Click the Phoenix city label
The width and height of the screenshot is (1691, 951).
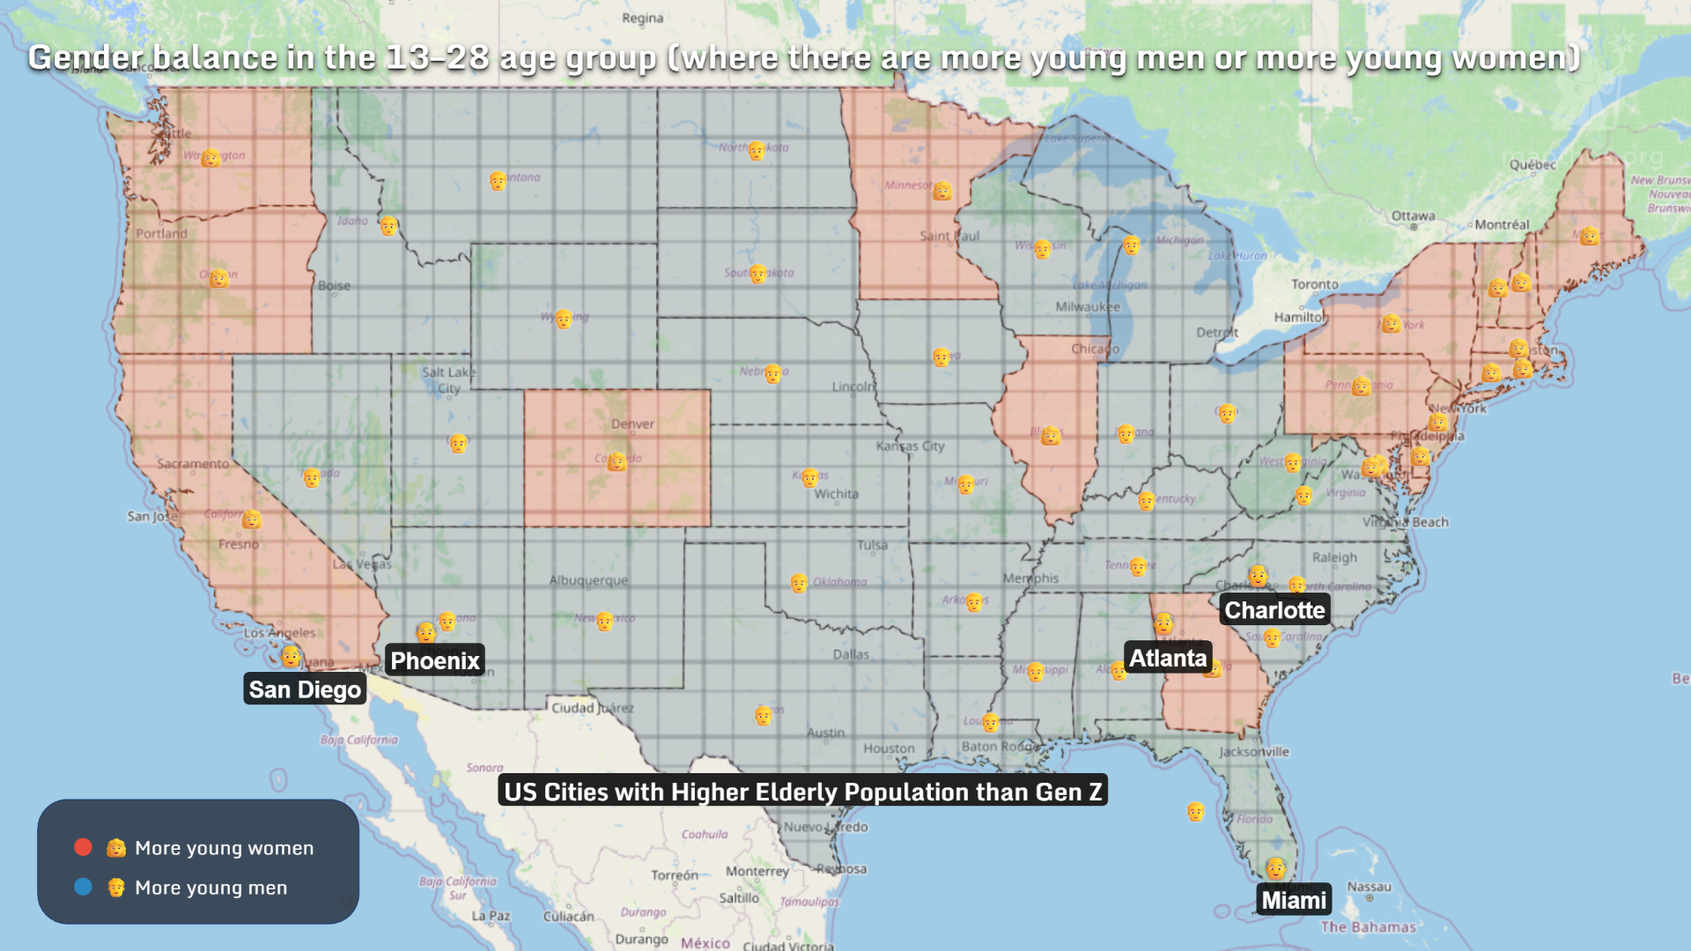point(435,660)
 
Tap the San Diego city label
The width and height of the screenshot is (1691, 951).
point(305,689)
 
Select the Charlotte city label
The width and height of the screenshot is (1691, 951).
point(1274,609)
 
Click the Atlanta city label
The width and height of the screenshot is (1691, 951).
point(1168,658)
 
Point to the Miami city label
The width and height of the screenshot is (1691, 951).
point(1293,900)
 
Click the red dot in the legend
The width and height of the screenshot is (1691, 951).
point(83,847)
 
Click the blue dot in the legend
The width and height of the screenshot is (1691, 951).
point(83,887)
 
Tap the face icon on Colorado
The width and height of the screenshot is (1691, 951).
point(617,461)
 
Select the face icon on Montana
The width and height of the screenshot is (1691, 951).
point(498,181)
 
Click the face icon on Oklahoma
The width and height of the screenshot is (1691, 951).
point(798,583)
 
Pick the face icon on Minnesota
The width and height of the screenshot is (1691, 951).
point(942,190)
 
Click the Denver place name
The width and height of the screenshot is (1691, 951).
point(632,424)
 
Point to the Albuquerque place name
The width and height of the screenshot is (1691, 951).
point(588,580)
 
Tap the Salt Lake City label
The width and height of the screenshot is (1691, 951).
point(448,380)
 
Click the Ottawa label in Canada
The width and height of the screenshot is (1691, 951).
point(1413,216)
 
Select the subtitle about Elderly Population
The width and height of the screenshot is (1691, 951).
point(802,791)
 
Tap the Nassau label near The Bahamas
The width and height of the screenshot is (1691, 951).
point(1369,887)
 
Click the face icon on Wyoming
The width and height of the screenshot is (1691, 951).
point(564,318)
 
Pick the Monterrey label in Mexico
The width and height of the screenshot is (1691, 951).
point(757,871)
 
